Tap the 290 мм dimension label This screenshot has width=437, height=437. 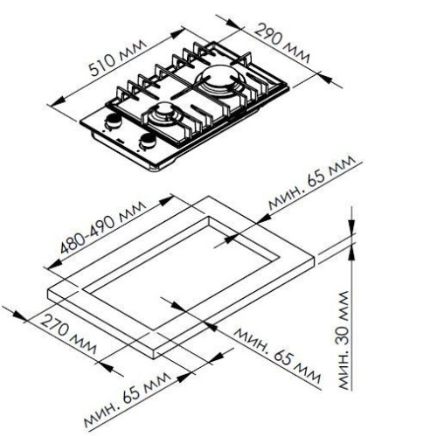(x=281, y=43)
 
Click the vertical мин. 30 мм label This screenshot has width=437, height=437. (x=343, y=340)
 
